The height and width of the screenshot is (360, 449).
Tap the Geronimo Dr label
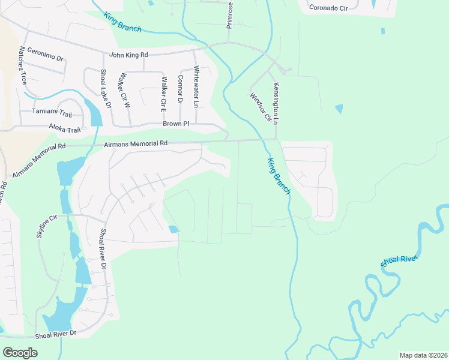[x=45, y=55]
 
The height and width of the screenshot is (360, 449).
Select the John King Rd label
[x=128, y=55]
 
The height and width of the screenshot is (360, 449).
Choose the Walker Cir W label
[x=125, y=90]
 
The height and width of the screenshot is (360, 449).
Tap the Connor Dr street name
[x=180, y=89]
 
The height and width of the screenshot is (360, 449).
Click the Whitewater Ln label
[x=196, y=87]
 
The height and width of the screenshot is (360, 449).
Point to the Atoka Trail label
[x=64, y=130]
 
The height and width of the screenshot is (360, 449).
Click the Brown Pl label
[x=176, y=124]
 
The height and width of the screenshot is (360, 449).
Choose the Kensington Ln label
[x=276, y=103]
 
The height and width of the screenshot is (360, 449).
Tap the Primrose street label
[x=229, y=14]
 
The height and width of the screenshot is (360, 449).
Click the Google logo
[x=20, y=353]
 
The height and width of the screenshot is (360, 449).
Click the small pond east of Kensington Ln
[x=339, y=109]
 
